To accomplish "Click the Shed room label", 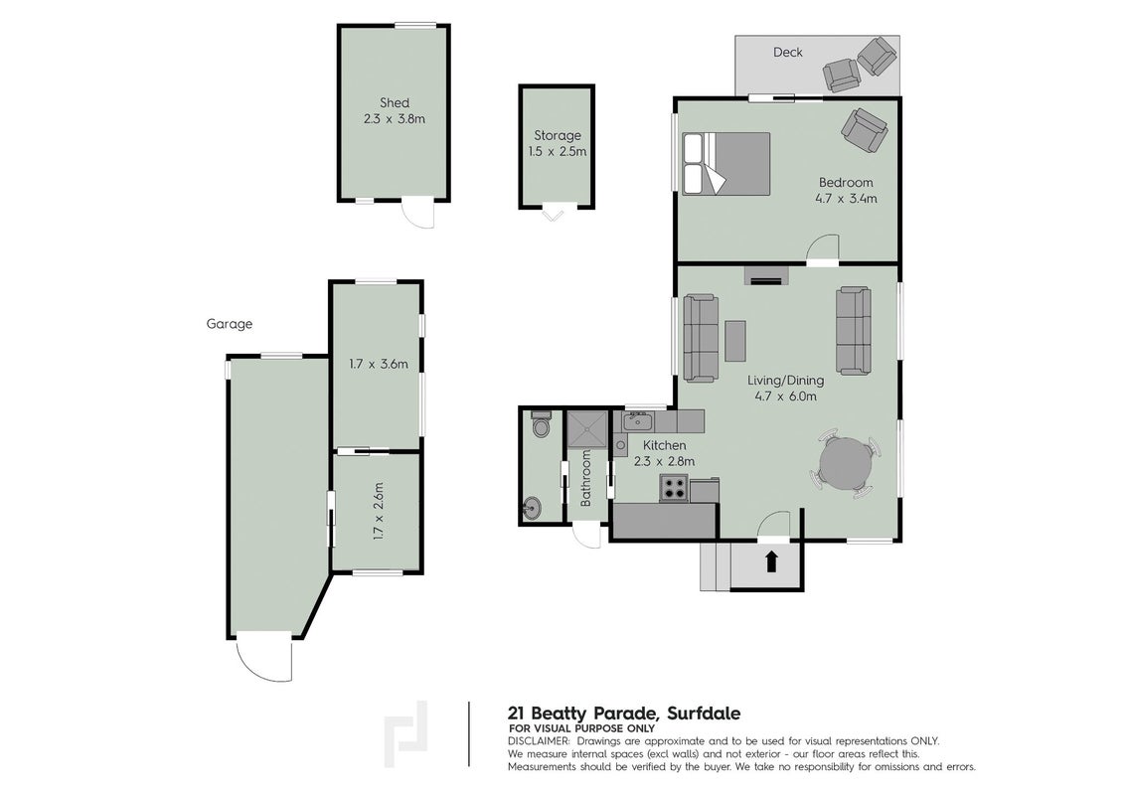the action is coord(395,102).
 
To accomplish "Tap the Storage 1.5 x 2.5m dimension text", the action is coord(558,151).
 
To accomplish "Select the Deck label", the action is coord(788,52).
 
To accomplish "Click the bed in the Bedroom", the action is coord(726,164).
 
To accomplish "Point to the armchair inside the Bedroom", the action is coord(865,129).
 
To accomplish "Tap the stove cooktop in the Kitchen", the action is coord(675,488).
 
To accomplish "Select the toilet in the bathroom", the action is coord(541,424).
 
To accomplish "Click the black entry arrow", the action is coord(771,561).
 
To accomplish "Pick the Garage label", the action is coord(230,324).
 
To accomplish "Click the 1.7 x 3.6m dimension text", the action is coord(379,364).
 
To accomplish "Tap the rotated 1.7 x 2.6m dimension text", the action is coord(379,511).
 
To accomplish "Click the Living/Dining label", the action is coord(786,381).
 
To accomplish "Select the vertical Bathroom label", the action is coord(585,479).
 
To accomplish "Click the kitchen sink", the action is coord(637,422).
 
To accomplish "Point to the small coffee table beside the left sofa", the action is coord(735,341).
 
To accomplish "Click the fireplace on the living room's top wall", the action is coord(765,275).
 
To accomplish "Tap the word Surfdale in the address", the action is coord(704,714).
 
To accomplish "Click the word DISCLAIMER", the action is coord(539,741).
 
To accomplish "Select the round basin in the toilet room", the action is coord(532,508).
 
